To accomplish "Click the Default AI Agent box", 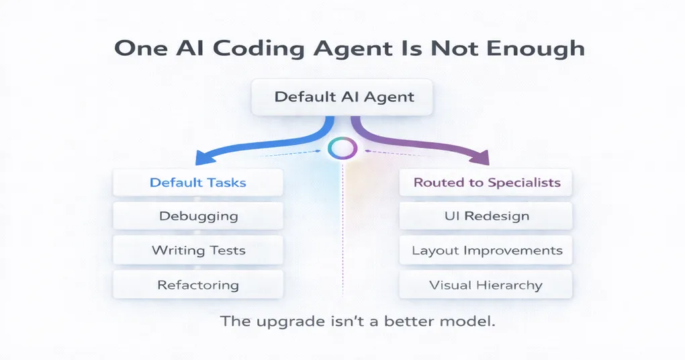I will pos(343,97).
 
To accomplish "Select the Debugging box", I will pos(198,216).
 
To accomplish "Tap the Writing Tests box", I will pos(198,251).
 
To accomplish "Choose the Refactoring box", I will pos(198,285).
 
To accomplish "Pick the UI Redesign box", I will pos(486,216).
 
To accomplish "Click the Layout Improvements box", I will pos(486,251).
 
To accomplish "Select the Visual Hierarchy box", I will pos(486,285).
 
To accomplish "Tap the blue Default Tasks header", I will pos(198,182).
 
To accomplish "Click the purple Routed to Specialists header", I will pos(486,182).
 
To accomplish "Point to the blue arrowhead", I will pos(201,158).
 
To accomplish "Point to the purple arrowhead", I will pos(482,159).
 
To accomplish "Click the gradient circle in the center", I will pos(343,148).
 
